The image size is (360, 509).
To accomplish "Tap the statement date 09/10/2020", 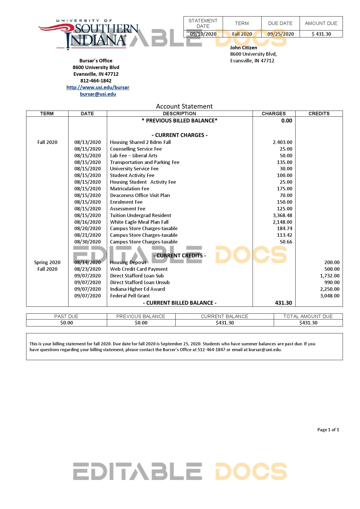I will (203, 34).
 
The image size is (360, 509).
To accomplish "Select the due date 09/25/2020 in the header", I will (280, 34).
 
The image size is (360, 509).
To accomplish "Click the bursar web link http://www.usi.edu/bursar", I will (98, 87).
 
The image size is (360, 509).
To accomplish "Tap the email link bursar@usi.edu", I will (98, 94).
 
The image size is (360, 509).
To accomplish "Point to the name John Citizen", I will (243, 48).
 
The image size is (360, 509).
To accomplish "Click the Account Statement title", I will (184, 106).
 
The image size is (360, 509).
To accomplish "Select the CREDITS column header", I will (319, 113).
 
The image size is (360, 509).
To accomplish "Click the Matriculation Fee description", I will (129, 189).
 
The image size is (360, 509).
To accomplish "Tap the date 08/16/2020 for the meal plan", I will (87, 222).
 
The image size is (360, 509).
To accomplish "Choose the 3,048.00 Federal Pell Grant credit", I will (330, 296).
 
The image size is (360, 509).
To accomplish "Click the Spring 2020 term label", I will (47, 262).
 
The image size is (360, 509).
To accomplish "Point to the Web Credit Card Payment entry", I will (139, 269).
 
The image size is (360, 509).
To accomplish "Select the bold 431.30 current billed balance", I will (283, 303).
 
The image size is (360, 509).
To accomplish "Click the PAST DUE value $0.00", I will (66, 323).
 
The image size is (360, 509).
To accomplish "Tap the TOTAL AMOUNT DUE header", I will (308, 316).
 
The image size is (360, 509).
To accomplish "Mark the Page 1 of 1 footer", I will (328, 430).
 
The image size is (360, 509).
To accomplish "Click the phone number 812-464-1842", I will (96, 81).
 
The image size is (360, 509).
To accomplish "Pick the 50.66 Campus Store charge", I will (286, 242).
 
